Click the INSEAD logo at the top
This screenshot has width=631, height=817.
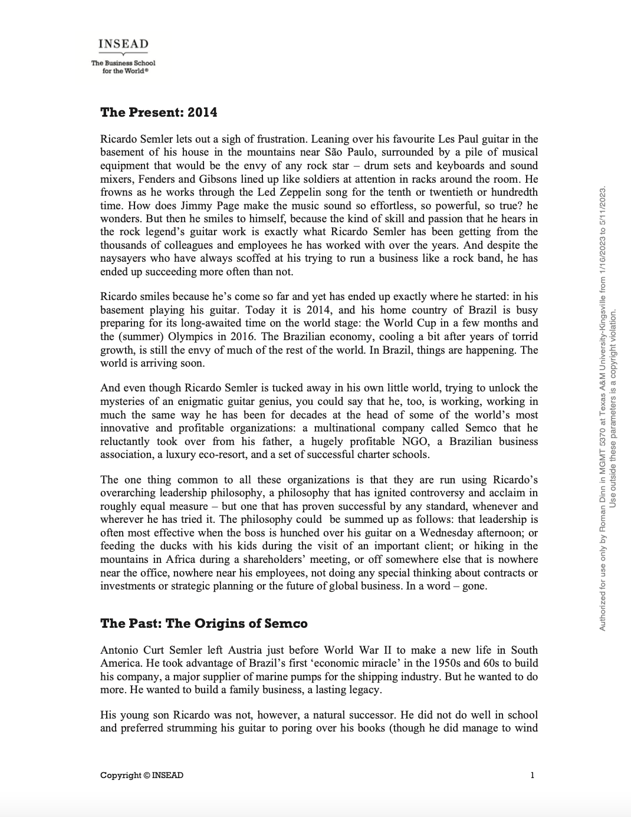[123, 44]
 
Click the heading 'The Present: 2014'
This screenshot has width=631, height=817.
[159, 112]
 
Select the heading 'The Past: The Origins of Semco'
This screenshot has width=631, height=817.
[203, 623]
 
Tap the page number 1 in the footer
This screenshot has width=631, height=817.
[532, 775]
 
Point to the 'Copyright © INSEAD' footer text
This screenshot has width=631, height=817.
[142, 775]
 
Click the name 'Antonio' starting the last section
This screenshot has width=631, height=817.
[120, 650]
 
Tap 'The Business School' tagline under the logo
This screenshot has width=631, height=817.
[123, 63]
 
